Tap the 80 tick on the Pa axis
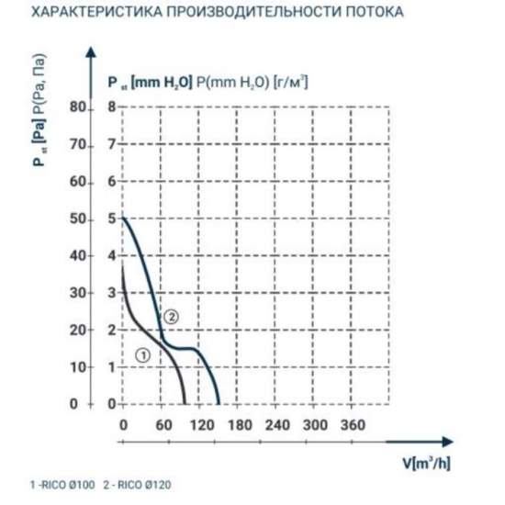76,107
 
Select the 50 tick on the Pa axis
76,219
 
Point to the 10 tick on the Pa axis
76,366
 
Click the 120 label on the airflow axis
199,424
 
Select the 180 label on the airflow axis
238,424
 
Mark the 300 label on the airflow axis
314,424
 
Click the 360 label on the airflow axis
353,424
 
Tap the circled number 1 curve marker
141,354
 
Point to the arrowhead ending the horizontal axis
453,439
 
